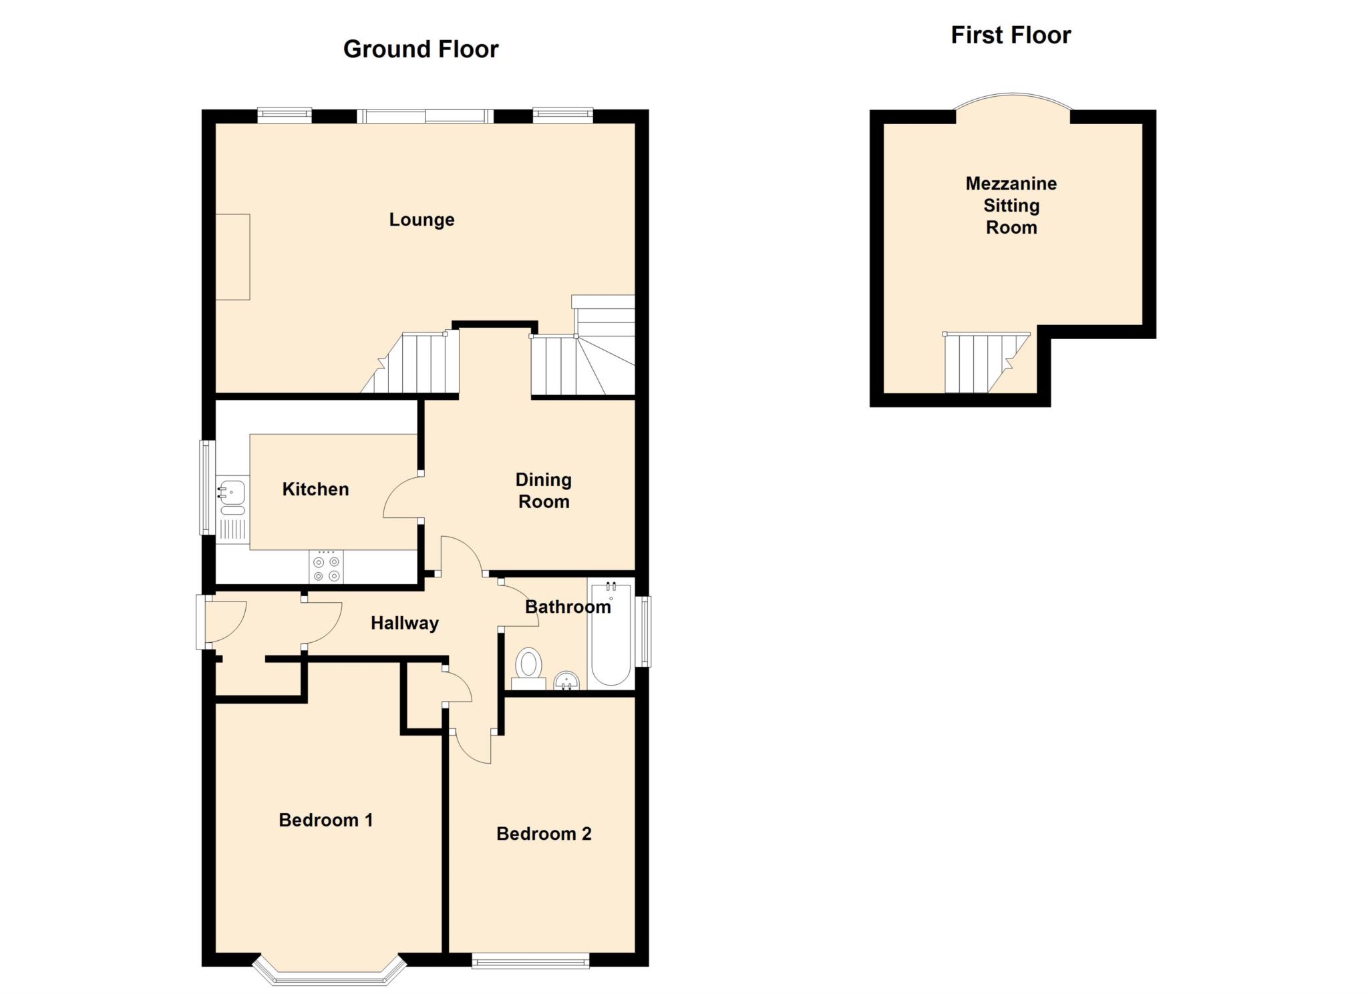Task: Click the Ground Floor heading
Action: pyautogui.click(x=421, y=49)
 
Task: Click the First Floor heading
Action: pyautogui.click(x=1010, y=35)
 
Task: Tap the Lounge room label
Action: pyautogui.click(x=421, y=220)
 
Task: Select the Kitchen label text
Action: pyautogui.click(x=315, y=489)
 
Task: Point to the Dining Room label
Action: pyautogui.click(x=543, y=491)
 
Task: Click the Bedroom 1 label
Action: pyautogui.click(x=325, y=820)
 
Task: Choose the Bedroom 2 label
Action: pyautogui.click(x=543, y=834)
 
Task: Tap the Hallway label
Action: pyautogui.click(x=405, y=624)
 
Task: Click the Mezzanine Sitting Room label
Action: pyautogui.click(x=1011, y=206)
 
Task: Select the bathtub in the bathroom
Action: pyautogui.click(x=611, y=634)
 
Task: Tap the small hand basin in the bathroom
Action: pyautogui.click(x=566, y=681)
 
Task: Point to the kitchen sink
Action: pyautogui.click(x=232, y=493)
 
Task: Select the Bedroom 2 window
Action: pyautogui.click(x=530, y=962)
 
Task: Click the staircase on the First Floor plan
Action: pyautogui.click(x=982, y=363)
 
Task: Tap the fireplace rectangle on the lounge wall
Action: pyautogui.click(x=232, y=257)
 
